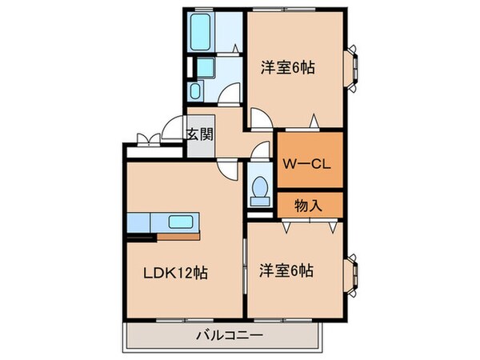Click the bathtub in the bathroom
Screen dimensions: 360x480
[201, 31]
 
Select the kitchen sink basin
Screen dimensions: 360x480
[181, 222]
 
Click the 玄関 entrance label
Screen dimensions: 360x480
[200, 134]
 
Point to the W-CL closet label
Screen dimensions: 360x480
[308, 165]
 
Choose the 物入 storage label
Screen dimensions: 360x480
[309, 205]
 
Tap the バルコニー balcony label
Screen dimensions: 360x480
[222, 336]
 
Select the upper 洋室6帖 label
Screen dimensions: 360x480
[286, 67]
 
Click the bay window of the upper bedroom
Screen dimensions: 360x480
[351, 69]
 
